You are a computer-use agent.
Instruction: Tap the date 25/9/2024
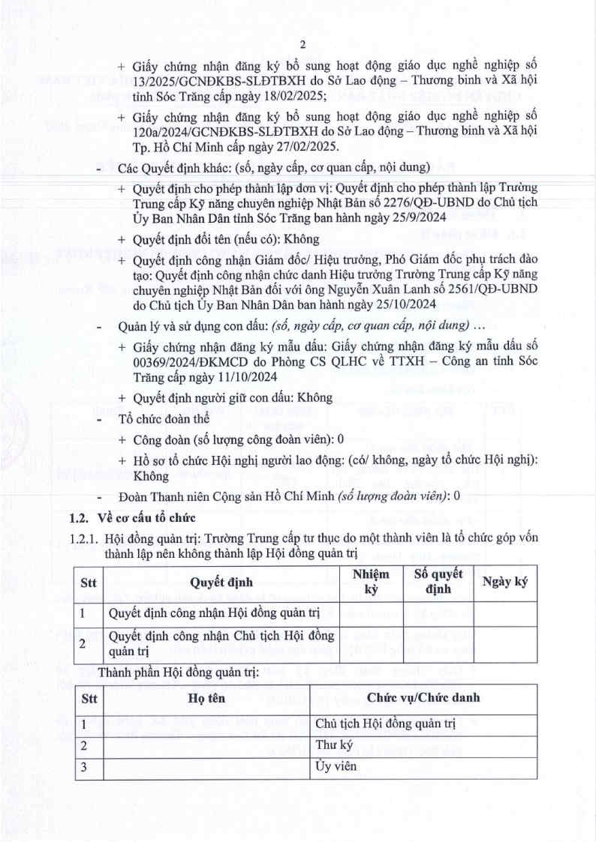tap(415, 217)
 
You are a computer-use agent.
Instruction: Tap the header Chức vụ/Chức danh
tap(423, 698)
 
